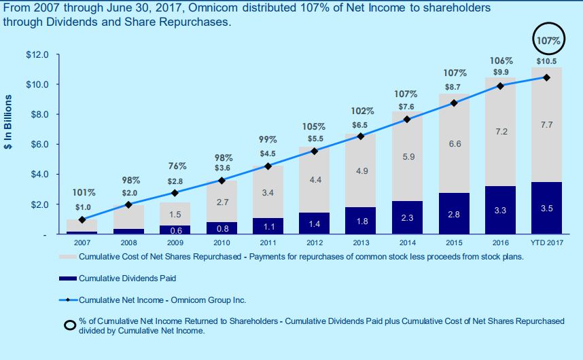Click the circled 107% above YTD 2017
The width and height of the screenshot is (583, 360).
click(x=548, y=41)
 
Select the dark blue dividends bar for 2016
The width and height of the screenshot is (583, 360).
click(x=500, y=210)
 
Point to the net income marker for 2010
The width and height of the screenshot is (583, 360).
click(x=221, y=180)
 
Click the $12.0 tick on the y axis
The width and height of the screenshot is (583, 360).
click(x=37, y=54)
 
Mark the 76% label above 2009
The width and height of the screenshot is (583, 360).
click(x=177, y=166)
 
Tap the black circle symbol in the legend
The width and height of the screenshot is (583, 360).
click(x=69, y=325)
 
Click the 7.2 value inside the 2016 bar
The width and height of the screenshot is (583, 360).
click(x=500, y=131)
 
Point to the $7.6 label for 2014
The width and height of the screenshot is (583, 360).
click(x=406, y=107)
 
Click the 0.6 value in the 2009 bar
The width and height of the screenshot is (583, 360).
click(x=175, y=230)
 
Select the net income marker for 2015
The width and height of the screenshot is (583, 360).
click(x=454, y=103)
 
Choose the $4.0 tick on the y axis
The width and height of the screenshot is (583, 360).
click(x=37, y=174)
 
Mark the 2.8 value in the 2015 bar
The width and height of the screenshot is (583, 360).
click(x=454, y=214)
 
